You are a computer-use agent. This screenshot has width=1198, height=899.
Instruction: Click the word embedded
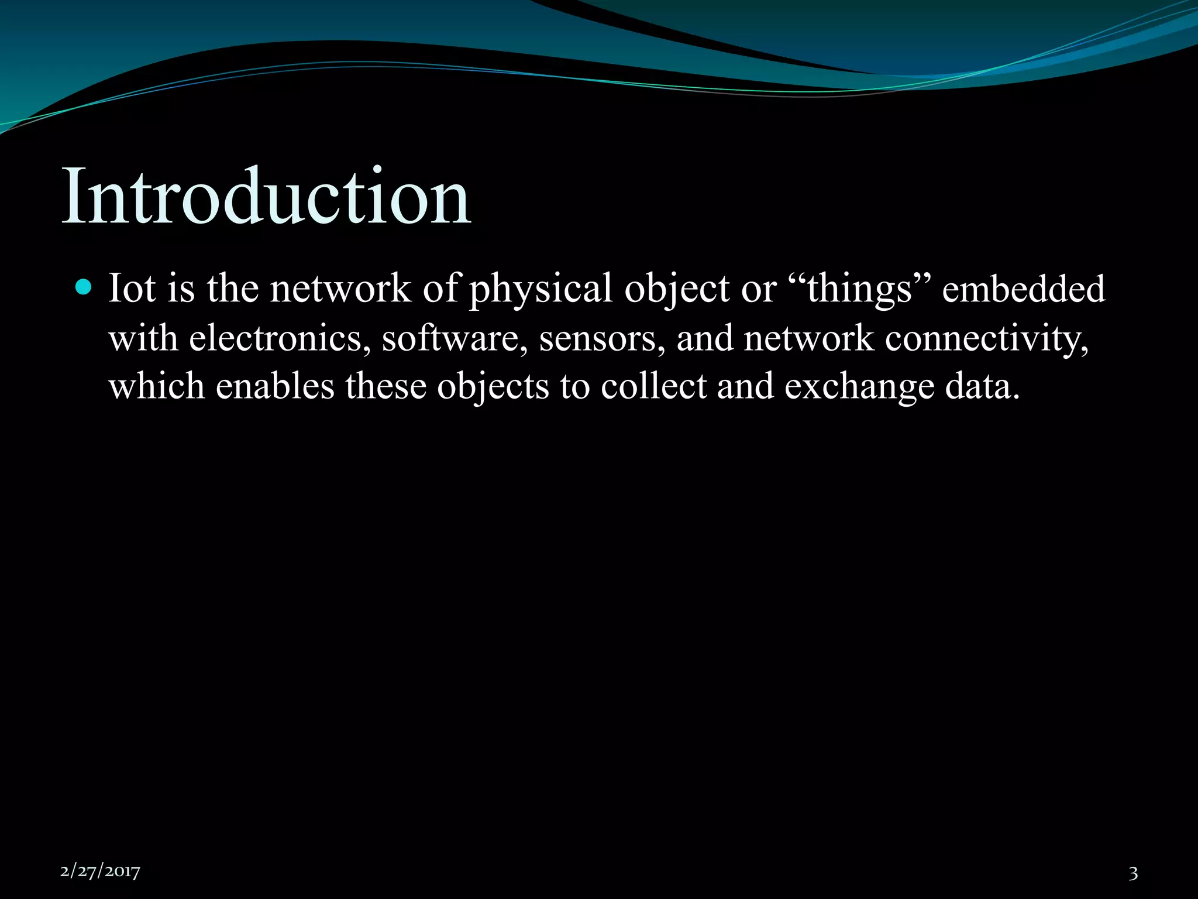(1024, 289)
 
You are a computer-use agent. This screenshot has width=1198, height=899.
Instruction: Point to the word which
(157, 386)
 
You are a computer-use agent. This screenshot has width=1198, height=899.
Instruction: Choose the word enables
(275, 386)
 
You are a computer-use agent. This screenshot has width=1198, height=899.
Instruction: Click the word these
(385, 386)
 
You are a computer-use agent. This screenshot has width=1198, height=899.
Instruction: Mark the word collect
(653, 386)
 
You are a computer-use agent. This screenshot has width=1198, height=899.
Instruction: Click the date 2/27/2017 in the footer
(100, 871)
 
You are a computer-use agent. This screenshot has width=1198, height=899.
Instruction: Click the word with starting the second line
(143, 338)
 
